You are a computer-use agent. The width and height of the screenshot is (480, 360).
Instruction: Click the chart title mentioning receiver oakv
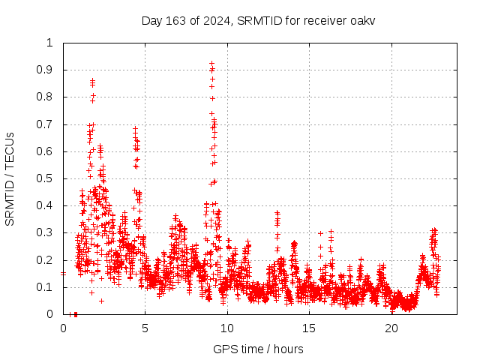(x=258, y=20)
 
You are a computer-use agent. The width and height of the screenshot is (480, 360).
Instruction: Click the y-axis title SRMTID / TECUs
(x=10, y=178)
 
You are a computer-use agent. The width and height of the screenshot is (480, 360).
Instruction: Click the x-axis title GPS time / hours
(x=258, y=349)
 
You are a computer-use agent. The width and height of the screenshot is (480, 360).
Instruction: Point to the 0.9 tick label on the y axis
(x=47, y=70)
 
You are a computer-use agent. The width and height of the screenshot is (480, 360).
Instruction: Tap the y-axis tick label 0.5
(x=47, y=178)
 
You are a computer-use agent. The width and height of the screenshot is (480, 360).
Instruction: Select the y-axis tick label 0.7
(x=47, y=124)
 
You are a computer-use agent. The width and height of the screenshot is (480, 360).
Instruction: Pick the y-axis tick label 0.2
(x=47, y=260)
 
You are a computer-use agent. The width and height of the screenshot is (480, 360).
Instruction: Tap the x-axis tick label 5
(x=145, y=328)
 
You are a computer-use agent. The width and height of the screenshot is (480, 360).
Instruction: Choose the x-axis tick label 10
(x=227, y=328)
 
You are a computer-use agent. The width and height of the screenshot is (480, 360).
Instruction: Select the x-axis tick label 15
(x=309, y=328)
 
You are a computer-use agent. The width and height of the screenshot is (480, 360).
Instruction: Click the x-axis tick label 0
(x=63, y=328)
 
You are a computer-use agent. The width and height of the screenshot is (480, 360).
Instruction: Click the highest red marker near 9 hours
(x=212, y=63)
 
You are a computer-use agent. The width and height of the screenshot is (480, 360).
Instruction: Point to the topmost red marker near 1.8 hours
(x=92, y=79)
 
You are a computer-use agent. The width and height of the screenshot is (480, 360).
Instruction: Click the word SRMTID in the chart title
(x=259, y=20)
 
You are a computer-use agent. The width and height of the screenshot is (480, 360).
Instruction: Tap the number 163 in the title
(x=178, y=20)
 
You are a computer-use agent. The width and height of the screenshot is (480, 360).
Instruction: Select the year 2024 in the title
(x=216, y=20)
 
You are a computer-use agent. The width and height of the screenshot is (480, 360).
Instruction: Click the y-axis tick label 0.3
(x=47, y=233)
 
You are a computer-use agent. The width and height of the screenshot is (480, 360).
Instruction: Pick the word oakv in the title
(x=362, y=20)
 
